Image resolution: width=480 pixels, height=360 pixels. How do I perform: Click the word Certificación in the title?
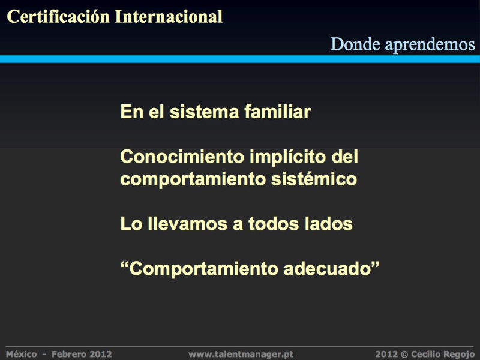click(58, 16)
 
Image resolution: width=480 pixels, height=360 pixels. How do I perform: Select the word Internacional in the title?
click(169, 16)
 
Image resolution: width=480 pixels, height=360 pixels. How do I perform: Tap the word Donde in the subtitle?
click(355, 44)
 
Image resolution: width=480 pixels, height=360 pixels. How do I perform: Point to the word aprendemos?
click(430, 45)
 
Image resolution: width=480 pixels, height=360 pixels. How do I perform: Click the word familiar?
click(278, 112)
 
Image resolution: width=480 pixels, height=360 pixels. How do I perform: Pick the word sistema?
click(204, 112)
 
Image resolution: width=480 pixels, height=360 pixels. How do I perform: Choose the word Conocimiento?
click(182, 157)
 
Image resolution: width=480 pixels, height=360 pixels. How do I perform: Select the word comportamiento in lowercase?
click(193, 179)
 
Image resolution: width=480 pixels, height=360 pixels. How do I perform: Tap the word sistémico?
click(314, 179)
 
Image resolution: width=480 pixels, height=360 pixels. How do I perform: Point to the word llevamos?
click(188, 223)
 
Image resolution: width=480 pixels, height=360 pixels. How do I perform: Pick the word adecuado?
click(327, 268)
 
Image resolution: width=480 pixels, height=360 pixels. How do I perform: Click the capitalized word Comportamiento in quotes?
click(203, 269)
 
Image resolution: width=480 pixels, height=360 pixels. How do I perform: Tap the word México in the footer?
click(21, 354)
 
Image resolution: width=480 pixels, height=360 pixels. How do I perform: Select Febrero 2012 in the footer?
click(82, 354)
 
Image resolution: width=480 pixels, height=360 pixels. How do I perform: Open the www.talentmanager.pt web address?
click(241, 355)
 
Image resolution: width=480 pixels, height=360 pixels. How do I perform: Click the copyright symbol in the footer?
click(404, 355)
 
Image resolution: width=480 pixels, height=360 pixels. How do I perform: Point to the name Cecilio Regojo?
click(443, 355)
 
